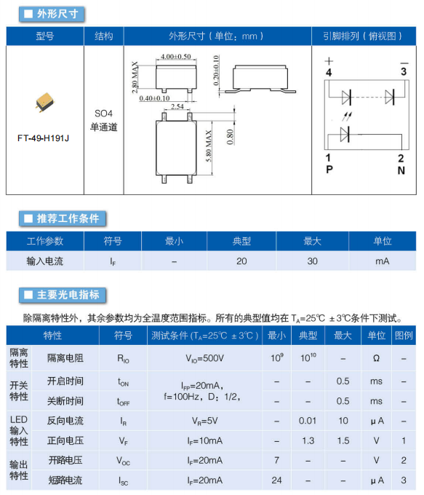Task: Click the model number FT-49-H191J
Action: [x=43, y=138]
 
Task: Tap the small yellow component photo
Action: [x=45, y=102]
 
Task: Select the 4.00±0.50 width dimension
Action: [x=176, y=57]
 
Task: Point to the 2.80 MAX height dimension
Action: [x=135, y=77]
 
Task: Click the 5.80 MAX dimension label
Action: [x=209, y=146]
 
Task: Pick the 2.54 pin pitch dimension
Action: [x=177, y=106]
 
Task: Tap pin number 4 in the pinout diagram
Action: [x=329, y=73]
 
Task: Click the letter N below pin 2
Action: [x=401, y=170]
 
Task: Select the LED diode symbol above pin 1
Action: [x=345, y=134]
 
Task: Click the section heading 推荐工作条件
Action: [x=68, y=218]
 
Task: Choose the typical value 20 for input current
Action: [x=241, y=261]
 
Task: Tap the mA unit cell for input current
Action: [x=382, y=261]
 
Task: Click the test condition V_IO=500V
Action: [x=205, y=358]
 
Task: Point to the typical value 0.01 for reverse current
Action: [x=308, y=421]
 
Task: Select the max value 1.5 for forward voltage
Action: [x=343, y=440]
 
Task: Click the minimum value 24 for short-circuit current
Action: [x=276, y=480]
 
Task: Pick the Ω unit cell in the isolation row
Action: [x=376, y=358]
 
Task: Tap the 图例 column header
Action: [x=404, y=336]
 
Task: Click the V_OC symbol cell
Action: [x=123, y=461]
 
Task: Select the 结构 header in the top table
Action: [x=104, y=36]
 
